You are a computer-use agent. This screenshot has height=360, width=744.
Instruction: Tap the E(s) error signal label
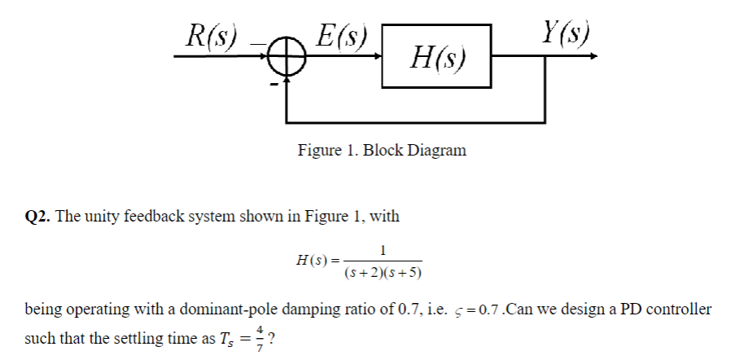pos(340,35)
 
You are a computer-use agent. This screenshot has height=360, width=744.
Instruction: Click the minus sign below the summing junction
pos(276,83)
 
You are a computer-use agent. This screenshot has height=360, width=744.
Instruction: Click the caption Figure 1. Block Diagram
pos(382,151)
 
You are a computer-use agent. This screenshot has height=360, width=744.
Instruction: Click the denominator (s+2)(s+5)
pos(383,271)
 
